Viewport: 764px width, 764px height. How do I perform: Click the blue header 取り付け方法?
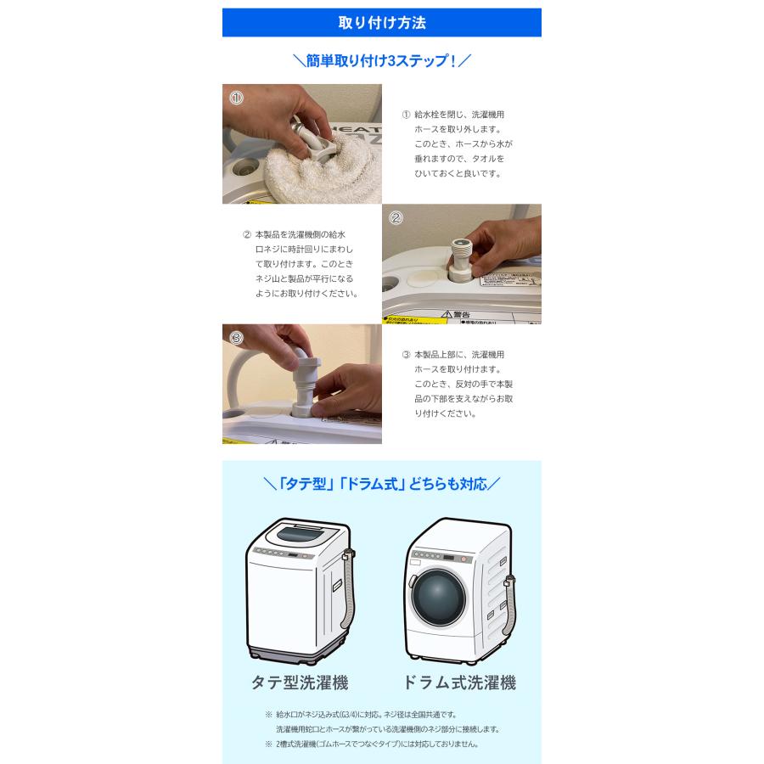[x=381, y=23]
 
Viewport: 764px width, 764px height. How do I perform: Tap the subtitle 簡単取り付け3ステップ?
[x=381, y=61]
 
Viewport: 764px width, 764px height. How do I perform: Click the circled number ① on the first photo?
[x=236, y=98]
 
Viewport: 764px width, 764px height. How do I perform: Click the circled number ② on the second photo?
[x=396, y=217]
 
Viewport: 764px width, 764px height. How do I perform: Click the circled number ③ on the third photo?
[x=236, y=337]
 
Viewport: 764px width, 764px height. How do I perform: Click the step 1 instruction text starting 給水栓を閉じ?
[x=458, y=143]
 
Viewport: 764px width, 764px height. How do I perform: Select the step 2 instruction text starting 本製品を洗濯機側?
[x=300, y=263]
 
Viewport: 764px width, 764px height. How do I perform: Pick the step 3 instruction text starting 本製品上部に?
[x=458, y=384]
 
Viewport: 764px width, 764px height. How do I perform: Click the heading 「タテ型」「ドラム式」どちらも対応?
[x=381, y=484]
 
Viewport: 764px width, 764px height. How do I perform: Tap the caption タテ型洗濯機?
[x=299, y=683]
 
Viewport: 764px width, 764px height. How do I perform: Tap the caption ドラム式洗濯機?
[x=458, y=683]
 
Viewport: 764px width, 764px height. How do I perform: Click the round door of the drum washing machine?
[x=439, y=598]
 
